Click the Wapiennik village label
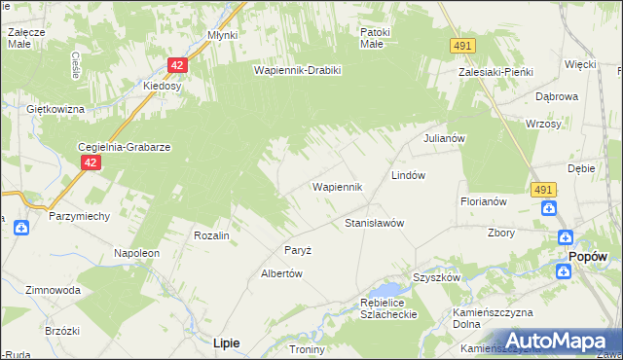[x=337, y=186]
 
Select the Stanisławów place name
[x=374, y=223]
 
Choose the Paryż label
[x=297, y=250]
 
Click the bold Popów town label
[x=588, y=256]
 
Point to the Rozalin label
[x=211, y=235]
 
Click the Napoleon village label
[x=136, y=252]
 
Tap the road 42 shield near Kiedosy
[x=176, y=65]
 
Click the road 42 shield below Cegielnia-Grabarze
[x=89, y=163]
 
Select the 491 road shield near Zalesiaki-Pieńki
[x=462, y=46]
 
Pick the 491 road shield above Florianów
[x=543, y=190]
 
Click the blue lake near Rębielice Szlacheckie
[x=387, y=290]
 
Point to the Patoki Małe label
[x=374, y=37]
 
